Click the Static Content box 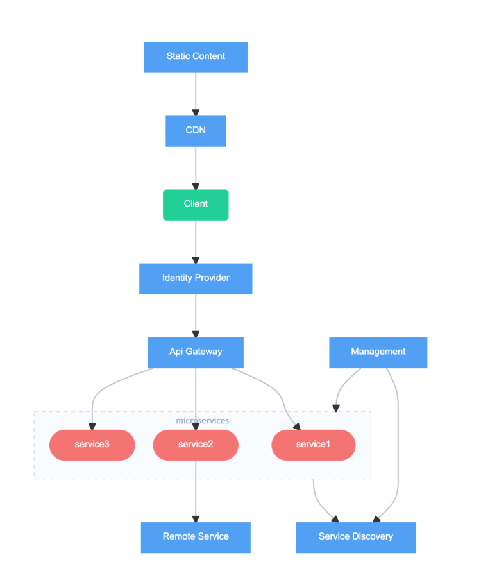tap(196, 56)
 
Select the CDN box tap(196, 131)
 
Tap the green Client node tap(196, 205)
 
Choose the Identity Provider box tap(196, 278)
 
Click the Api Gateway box tap(196, 352)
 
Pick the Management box tap(378, 352)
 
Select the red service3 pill tap(92, 445)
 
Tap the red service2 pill tap(196, 445)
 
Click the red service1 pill tap(313, 445)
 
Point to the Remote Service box tap(196, 537)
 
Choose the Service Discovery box tap(355, 537)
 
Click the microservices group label tap(202, 421)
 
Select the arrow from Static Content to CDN tap(196, 94)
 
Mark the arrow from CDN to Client tap(196, 167)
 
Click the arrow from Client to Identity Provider tap(196, 241)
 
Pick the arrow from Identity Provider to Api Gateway tap(196, 315)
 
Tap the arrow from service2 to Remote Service tap(196, 491)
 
